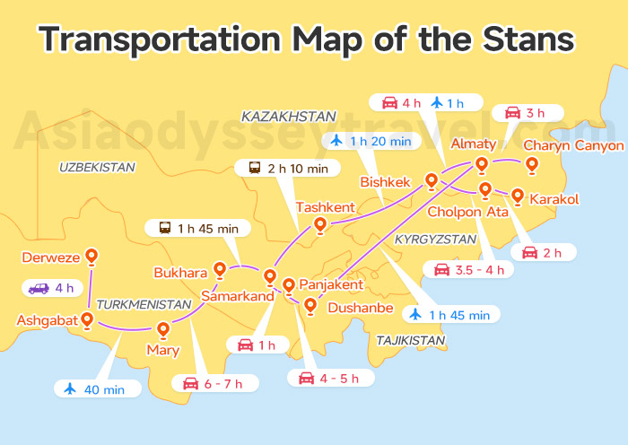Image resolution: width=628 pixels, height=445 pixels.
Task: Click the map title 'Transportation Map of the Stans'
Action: [x=306, y=39]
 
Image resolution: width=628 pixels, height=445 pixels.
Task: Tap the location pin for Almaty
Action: [x=482, y=164]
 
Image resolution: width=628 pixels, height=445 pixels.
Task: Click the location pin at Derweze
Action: [x=92, y=257]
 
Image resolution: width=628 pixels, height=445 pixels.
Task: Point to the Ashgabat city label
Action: [x=46, y=320]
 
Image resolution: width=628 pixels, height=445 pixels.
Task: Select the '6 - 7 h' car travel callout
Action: [x=219, y=383]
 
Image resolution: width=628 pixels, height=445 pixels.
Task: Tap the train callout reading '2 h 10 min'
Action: [x=288, y=167]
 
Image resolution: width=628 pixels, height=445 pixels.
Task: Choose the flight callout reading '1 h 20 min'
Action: [x=371, y=140]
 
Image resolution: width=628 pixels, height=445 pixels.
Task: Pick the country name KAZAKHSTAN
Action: [x=289, y=117]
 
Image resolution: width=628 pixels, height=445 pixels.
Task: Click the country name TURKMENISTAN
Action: [x=144, y=304]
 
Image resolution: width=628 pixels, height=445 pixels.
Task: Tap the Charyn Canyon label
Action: [x=573, y=145]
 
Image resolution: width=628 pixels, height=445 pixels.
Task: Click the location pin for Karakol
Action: [x=517, y=196]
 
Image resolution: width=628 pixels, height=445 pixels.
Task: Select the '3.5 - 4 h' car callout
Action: [x=469, y=269]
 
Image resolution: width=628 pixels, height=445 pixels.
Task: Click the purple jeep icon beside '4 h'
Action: [x=39, y=289]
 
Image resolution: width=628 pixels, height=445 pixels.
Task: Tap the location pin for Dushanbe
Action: [x=310, y=306]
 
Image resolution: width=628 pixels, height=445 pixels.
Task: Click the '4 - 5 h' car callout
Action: [x=329, y=378]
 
